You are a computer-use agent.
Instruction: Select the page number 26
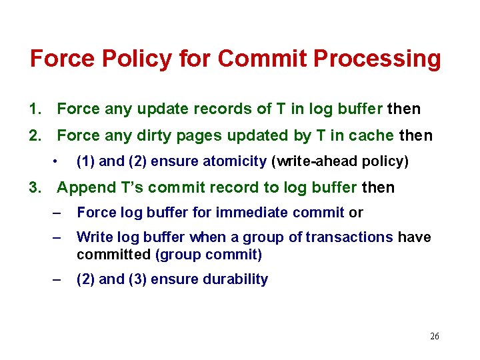(x=435, y=337)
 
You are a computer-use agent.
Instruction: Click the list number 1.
(x=35, y=108)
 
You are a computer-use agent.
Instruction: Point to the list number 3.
(x=35, y=188)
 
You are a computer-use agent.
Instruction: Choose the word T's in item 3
(x=127, y=188)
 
